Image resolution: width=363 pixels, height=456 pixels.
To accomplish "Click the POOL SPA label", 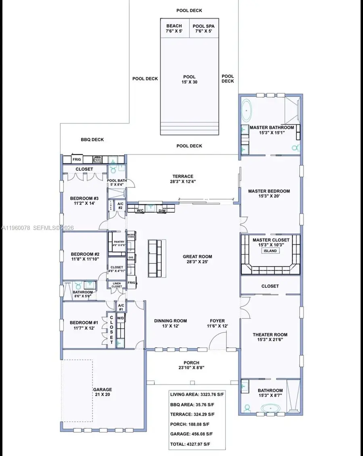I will (204, 28).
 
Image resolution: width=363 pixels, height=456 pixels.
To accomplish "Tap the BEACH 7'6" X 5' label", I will (174, 28).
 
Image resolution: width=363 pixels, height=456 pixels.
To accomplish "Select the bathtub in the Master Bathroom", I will (247, 109).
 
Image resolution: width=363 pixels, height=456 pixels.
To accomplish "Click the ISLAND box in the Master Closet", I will (270, 251).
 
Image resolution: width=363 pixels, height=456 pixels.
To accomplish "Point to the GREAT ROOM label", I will (197, 259).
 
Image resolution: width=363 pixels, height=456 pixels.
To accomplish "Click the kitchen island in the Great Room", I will (157, 258).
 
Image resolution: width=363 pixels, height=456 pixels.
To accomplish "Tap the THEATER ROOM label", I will (270, 337).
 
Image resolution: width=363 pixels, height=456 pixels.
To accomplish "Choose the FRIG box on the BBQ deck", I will (77, 160).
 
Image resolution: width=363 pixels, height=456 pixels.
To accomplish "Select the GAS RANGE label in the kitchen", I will (131, 258).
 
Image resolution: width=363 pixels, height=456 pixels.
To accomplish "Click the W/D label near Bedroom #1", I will (120, 318).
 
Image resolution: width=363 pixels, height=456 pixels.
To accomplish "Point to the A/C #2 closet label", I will (120, 206).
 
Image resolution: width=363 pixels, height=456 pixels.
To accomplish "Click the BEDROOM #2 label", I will (85, 256).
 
